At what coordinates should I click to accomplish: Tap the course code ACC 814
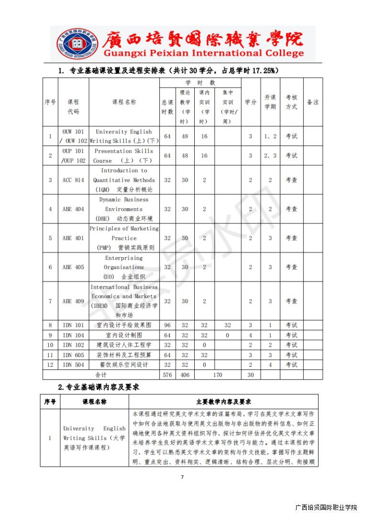tap(73, 180)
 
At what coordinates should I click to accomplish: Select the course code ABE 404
tap(73, 209)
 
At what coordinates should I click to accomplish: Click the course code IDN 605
tap(73, 355)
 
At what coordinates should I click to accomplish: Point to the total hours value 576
tap(167, 375)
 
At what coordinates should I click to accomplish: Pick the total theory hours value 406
tap(185, 375)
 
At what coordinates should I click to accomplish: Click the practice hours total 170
tap(217, 375)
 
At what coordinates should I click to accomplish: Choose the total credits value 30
tap(250, 375)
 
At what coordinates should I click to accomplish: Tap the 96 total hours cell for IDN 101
tap(167, 325)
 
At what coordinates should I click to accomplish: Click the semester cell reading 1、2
tap(270, 136)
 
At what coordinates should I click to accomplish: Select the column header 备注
tap(312, 102)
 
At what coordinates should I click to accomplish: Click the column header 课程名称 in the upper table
tap(124, 102)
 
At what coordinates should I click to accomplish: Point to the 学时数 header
tap(200, 83)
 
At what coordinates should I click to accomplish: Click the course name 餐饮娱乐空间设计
tap(124, 365)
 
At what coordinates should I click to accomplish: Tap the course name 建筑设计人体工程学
tap(124, 345)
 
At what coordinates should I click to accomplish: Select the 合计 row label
tap(101, 375)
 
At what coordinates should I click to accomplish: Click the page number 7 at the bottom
tap(182, 476)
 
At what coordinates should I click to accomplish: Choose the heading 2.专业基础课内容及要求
tap(99, 387)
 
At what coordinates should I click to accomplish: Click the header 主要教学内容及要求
tap(223, 402)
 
